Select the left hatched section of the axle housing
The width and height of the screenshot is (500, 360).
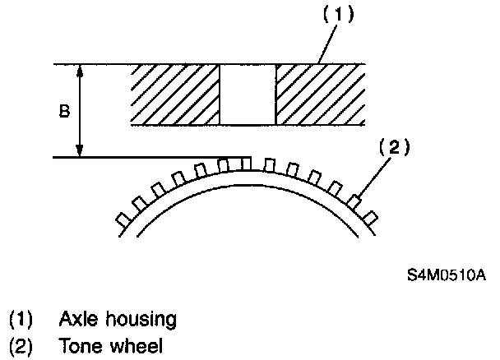(176, 95)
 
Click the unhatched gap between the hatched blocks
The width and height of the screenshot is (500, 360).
(248, 95)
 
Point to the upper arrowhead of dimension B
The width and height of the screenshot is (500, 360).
(80, 69)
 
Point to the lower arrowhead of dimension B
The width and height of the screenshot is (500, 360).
(80, 151)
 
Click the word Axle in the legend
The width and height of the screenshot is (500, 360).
(75, 318)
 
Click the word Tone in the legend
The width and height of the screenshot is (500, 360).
(77, 347)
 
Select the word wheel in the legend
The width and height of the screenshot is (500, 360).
(135, 347)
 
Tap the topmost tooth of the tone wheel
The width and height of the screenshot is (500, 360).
(244, 164)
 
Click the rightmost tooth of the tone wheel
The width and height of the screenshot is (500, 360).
(371, 217)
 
